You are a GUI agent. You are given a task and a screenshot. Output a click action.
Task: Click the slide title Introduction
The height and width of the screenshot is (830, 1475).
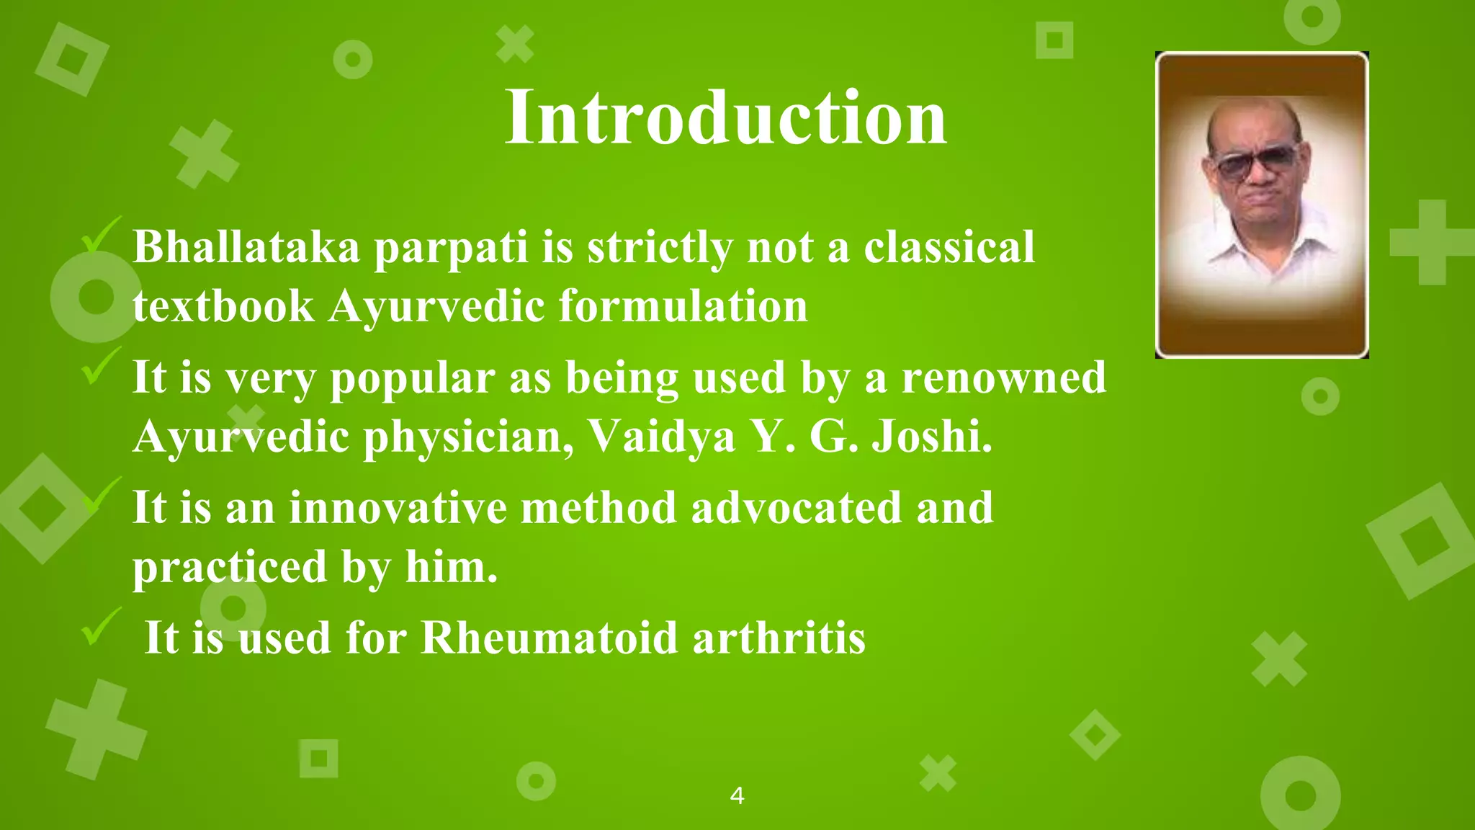coord(725,117)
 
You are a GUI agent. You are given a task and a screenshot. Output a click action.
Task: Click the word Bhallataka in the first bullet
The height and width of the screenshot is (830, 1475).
coord(246,247)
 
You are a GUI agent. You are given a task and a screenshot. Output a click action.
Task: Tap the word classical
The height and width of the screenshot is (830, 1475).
coord(949,247)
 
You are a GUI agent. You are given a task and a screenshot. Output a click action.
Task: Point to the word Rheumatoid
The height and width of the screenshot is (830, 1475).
coord(549,638)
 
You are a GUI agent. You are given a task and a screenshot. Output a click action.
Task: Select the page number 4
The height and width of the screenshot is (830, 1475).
coord(737,796)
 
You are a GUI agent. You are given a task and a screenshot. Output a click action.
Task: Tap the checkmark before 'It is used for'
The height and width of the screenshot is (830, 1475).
coord(99,627)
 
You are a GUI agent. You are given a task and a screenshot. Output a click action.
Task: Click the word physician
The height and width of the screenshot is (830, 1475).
coord(468,437)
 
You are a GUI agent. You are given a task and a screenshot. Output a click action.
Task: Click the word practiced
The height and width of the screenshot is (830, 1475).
coord(230,567)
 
